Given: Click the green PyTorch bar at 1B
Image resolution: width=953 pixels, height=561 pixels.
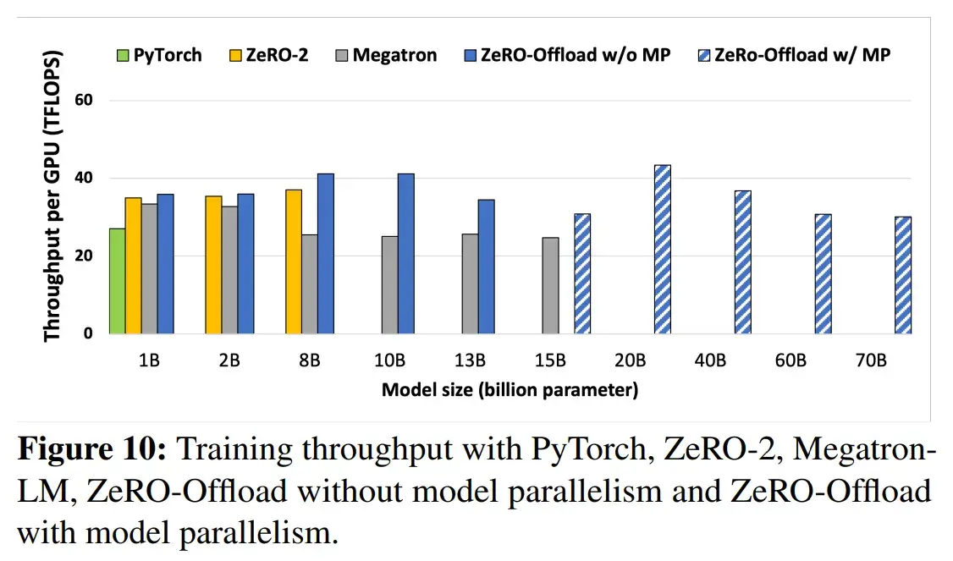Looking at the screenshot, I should pyautogui.click(x=117, y=281).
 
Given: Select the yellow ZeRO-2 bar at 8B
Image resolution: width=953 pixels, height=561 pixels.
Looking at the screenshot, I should pyautogui.click(x=294, y=261).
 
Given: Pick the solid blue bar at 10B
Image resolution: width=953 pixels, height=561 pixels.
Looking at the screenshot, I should pyautogui.click(x=406, y=254).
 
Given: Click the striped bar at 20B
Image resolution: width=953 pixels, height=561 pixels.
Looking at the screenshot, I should pyautogui.click(x=662, y=250).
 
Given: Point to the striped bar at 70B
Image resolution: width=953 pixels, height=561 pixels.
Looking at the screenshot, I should pyautogui.click(x=903, y=276).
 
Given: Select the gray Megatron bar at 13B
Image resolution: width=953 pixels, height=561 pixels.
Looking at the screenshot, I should pyautogui.click(x=471, y=284).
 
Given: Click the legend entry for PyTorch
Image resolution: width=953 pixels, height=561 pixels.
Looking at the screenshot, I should pyautogui.click(x=159, y=56).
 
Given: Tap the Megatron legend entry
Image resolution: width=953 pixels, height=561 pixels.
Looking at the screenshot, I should pyautogui.click(x=386, y=56).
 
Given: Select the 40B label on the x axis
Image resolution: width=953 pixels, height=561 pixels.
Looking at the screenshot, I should pyautogui.click(x=710, y=360).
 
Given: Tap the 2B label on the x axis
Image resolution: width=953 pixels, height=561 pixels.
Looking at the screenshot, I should pyautogui.click(x=229, y=360).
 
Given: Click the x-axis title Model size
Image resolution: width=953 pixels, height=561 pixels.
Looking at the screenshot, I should pyautogui.click(x=510, y=390).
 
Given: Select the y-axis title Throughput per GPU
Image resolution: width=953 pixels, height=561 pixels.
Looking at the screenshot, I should pyautogui.click(x=53, y=196).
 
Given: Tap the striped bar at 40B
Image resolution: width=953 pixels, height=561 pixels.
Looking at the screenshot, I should pyautogui.click(x=742, y=262).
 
